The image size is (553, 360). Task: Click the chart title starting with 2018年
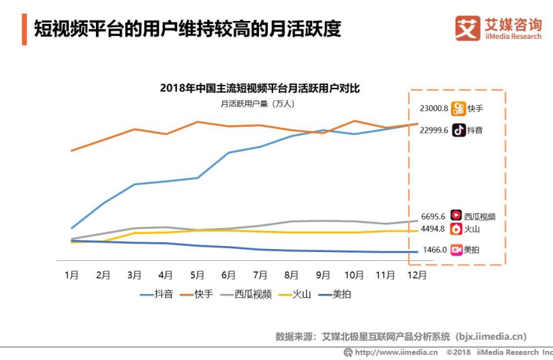pos(260,88)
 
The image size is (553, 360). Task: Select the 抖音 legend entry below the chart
pos(156,294)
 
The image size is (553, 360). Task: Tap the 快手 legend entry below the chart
pos(196,294)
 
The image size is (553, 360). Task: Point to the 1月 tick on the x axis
pos(72,275)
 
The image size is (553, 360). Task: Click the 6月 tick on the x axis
pos(229,275)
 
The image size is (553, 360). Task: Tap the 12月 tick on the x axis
pos(417,275)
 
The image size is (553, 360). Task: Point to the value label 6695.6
pos(434,216)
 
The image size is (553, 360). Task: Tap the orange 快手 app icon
pos(458,108)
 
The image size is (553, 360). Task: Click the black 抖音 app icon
pos(458,130)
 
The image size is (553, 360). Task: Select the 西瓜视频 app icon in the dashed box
pos(455,216)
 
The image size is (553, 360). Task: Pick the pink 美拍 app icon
pos(455,250)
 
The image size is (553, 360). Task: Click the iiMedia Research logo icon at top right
pos(467,28)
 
